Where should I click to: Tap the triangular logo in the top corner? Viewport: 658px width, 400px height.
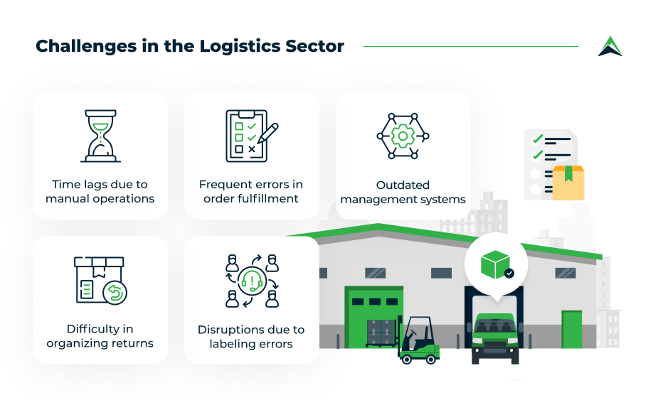[x=610, y=46]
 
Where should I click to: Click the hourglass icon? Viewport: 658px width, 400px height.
[x=101, y=136]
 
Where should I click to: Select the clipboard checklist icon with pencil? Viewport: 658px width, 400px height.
[x=252, y=136]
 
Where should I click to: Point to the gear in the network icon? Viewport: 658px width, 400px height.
[x=403, y=136]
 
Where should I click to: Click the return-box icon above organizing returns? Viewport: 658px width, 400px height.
[x=101, y=281]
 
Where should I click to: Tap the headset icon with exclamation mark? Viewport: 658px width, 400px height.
[x=252, y=281]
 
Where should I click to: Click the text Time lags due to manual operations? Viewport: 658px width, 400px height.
[x=100, y=191]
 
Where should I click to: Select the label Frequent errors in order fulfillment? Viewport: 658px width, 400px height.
[x=251, y=191]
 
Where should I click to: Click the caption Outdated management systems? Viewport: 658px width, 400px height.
[x=403, y=192]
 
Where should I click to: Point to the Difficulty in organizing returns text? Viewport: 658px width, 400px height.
[x=100, y=336]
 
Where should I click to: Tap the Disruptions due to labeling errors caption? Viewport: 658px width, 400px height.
[x=251, y=336]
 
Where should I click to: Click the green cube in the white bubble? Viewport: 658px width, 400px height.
[x=495, y=264]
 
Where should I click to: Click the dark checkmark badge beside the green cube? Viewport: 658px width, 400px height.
[x=509, y=274]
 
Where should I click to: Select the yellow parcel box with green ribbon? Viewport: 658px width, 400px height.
[x=568, y=183]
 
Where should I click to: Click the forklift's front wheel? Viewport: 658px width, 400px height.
[x=406, y=359]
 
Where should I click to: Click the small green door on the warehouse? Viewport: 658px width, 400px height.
[x=571, y=329]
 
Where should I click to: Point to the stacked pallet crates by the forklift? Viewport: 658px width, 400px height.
[x=381, y=333]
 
